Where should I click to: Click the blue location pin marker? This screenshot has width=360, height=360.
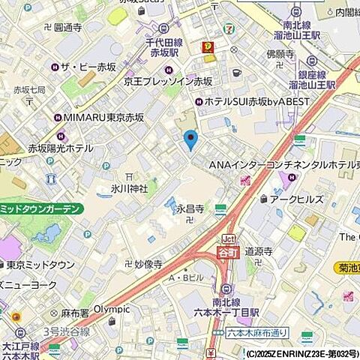191,139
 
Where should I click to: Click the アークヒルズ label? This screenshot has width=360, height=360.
297,199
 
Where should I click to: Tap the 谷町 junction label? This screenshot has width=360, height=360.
226,252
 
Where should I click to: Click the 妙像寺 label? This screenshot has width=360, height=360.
148,264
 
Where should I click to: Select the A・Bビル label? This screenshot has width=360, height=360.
186,278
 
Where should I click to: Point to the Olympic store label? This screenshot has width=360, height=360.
112,308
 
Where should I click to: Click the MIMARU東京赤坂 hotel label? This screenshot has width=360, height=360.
97,117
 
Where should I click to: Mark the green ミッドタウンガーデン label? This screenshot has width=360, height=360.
46,209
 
